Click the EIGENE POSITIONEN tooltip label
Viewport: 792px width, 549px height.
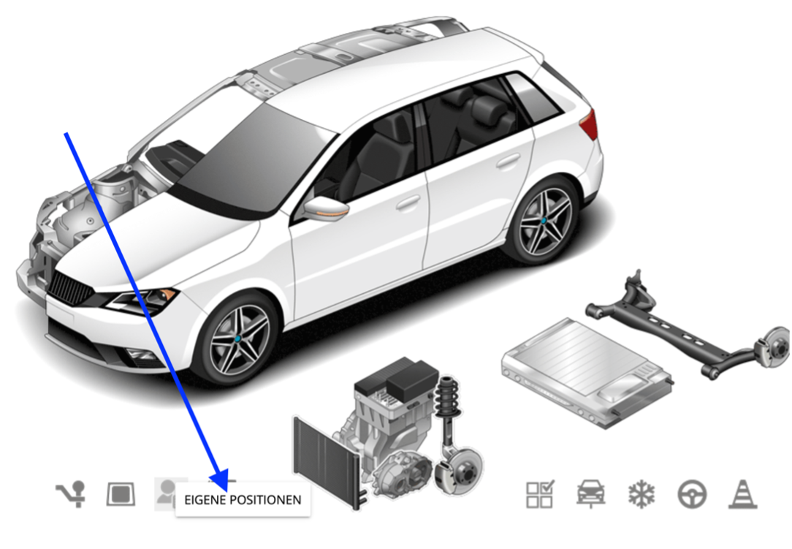click(243, 500)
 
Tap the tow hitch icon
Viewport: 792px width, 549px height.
click(71, 494)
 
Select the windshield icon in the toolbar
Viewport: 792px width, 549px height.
click(121, 494)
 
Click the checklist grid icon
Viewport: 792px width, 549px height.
click(540, 494)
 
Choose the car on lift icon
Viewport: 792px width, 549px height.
click(591, 494)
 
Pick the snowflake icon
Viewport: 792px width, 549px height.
click(641, 494)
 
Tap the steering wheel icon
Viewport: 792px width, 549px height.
click(692, 494)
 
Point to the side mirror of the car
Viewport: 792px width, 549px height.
click(325, 208)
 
